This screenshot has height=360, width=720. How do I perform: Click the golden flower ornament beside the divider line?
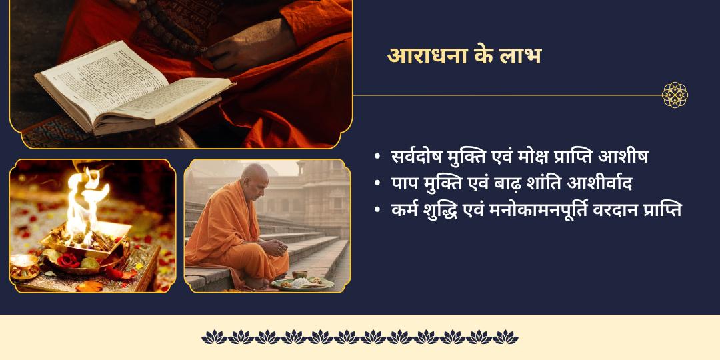tap(675, 95)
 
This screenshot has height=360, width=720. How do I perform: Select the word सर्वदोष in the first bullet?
tap(419, 157)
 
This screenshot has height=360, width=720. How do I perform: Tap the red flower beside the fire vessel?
tap(67, 261)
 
